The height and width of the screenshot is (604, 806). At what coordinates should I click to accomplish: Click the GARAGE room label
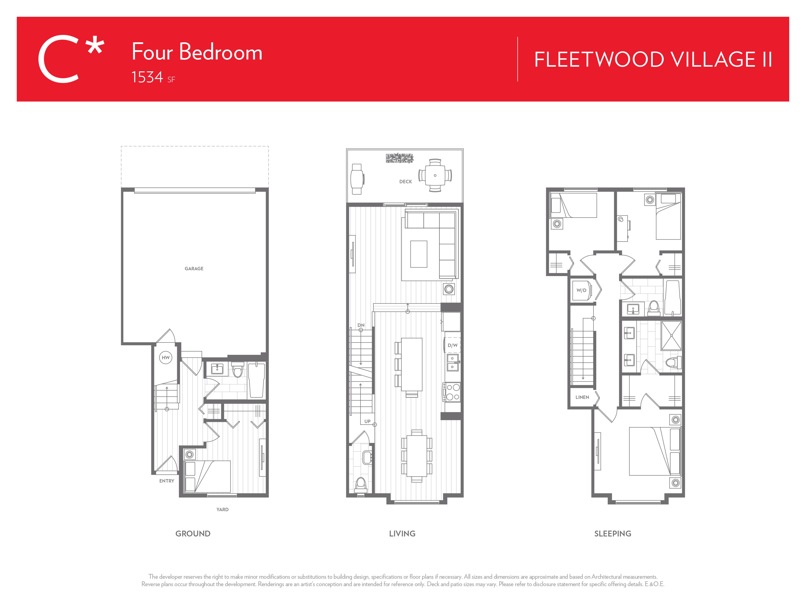pos(194,269)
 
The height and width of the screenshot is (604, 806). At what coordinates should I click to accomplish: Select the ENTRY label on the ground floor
pos(167,481)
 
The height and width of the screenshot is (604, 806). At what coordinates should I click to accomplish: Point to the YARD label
pos(222,510)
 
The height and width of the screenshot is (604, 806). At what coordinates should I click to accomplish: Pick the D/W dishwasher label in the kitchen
pos(452,345)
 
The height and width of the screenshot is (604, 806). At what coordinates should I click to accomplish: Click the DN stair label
pos(361,325)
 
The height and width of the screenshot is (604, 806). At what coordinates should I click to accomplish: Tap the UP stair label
pos(367,421)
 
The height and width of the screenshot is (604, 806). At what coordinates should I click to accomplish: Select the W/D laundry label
pos(581,290)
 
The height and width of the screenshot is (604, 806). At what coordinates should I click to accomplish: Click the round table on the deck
pos(435,175)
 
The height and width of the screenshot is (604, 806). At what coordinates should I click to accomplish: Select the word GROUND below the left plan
pos(193,534)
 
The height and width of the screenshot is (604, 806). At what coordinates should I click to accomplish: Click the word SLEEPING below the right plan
pos(613,534)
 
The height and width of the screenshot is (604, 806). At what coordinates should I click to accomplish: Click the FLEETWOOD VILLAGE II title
pos(653,59)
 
